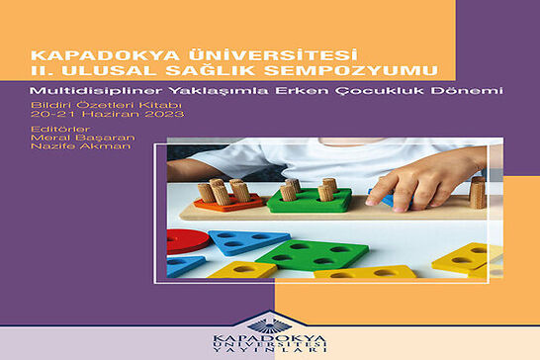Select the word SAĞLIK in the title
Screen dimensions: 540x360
211,69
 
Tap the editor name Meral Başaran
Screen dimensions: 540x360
83,137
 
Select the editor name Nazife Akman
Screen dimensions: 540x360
81,146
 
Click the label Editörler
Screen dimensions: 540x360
60,130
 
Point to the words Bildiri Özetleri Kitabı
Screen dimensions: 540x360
106,105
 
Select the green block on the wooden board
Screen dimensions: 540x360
310,201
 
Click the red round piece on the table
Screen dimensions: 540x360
187,241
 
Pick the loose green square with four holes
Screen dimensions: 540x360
313,254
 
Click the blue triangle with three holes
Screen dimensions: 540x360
247,240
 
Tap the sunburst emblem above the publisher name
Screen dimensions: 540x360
270,325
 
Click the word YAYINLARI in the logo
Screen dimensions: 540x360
270,350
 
